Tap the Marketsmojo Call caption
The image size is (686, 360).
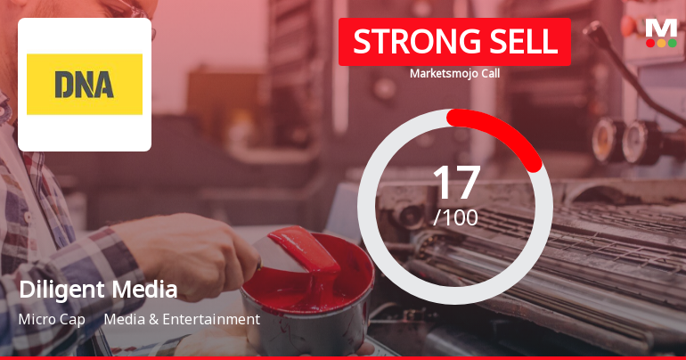pyautogui.click(x=454, y=73)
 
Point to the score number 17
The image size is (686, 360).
pyautogui.click(x=455, y=183)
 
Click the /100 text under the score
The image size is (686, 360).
pyautogui.click(x=455, y=217)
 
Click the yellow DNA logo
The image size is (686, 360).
pyautogui.click(x=85, y=85)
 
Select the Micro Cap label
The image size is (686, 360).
pyautogui.click(x=51, y=319)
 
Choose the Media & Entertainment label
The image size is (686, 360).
pyautogui.click(x=182, y=319)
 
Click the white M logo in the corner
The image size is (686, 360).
pyautogui.click(x=661, y=27)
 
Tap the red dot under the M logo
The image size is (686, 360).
pyautogui.click(x=650, y=43)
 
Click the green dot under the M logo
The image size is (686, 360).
pyautogui.click(x=672, y=43)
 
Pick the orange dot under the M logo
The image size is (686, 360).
pyautogui.click(x=661, y=43)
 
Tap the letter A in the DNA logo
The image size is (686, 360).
pyautogui.click(x=105, y=85)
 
